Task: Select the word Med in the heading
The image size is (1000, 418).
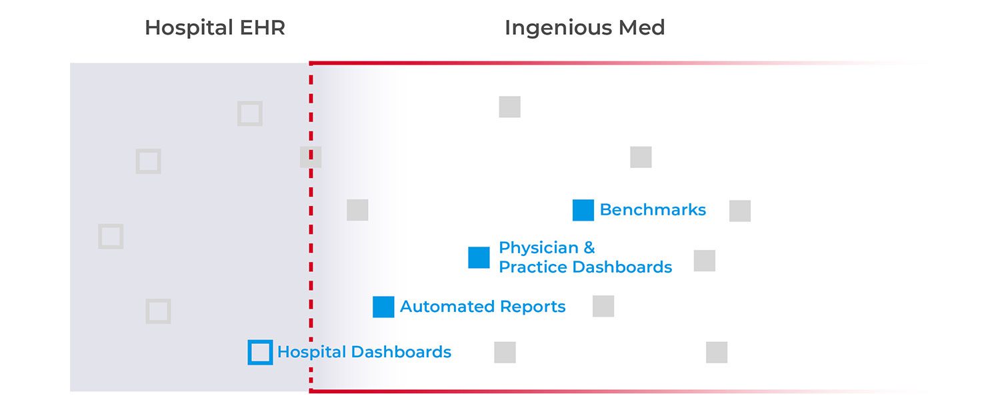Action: click(641, 28)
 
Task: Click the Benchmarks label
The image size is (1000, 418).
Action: click(652, 210)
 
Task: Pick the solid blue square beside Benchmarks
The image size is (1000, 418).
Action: click(583, 210)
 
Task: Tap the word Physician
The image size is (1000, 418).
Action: click(538, 248)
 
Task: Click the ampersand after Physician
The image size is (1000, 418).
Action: click(589, 248)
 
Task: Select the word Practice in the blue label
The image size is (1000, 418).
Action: click(533, 267)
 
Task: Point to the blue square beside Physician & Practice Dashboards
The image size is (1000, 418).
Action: click(479, 257)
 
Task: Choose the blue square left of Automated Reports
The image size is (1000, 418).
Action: click(383, 307)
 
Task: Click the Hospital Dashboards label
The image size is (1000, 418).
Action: click(364, 352)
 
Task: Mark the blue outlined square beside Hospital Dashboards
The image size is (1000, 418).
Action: click(260, 352)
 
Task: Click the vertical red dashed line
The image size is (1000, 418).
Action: click(311, 267)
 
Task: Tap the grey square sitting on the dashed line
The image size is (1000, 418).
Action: click(311, 157)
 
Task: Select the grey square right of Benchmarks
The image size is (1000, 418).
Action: click(740, 211)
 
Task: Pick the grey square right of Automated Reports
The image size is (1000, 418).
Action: click(603, 306)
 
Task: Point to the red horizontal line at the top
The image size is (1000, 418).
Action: click(467, 63)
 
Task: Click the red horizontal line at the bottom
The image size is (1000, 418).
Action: click(467, 391)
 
